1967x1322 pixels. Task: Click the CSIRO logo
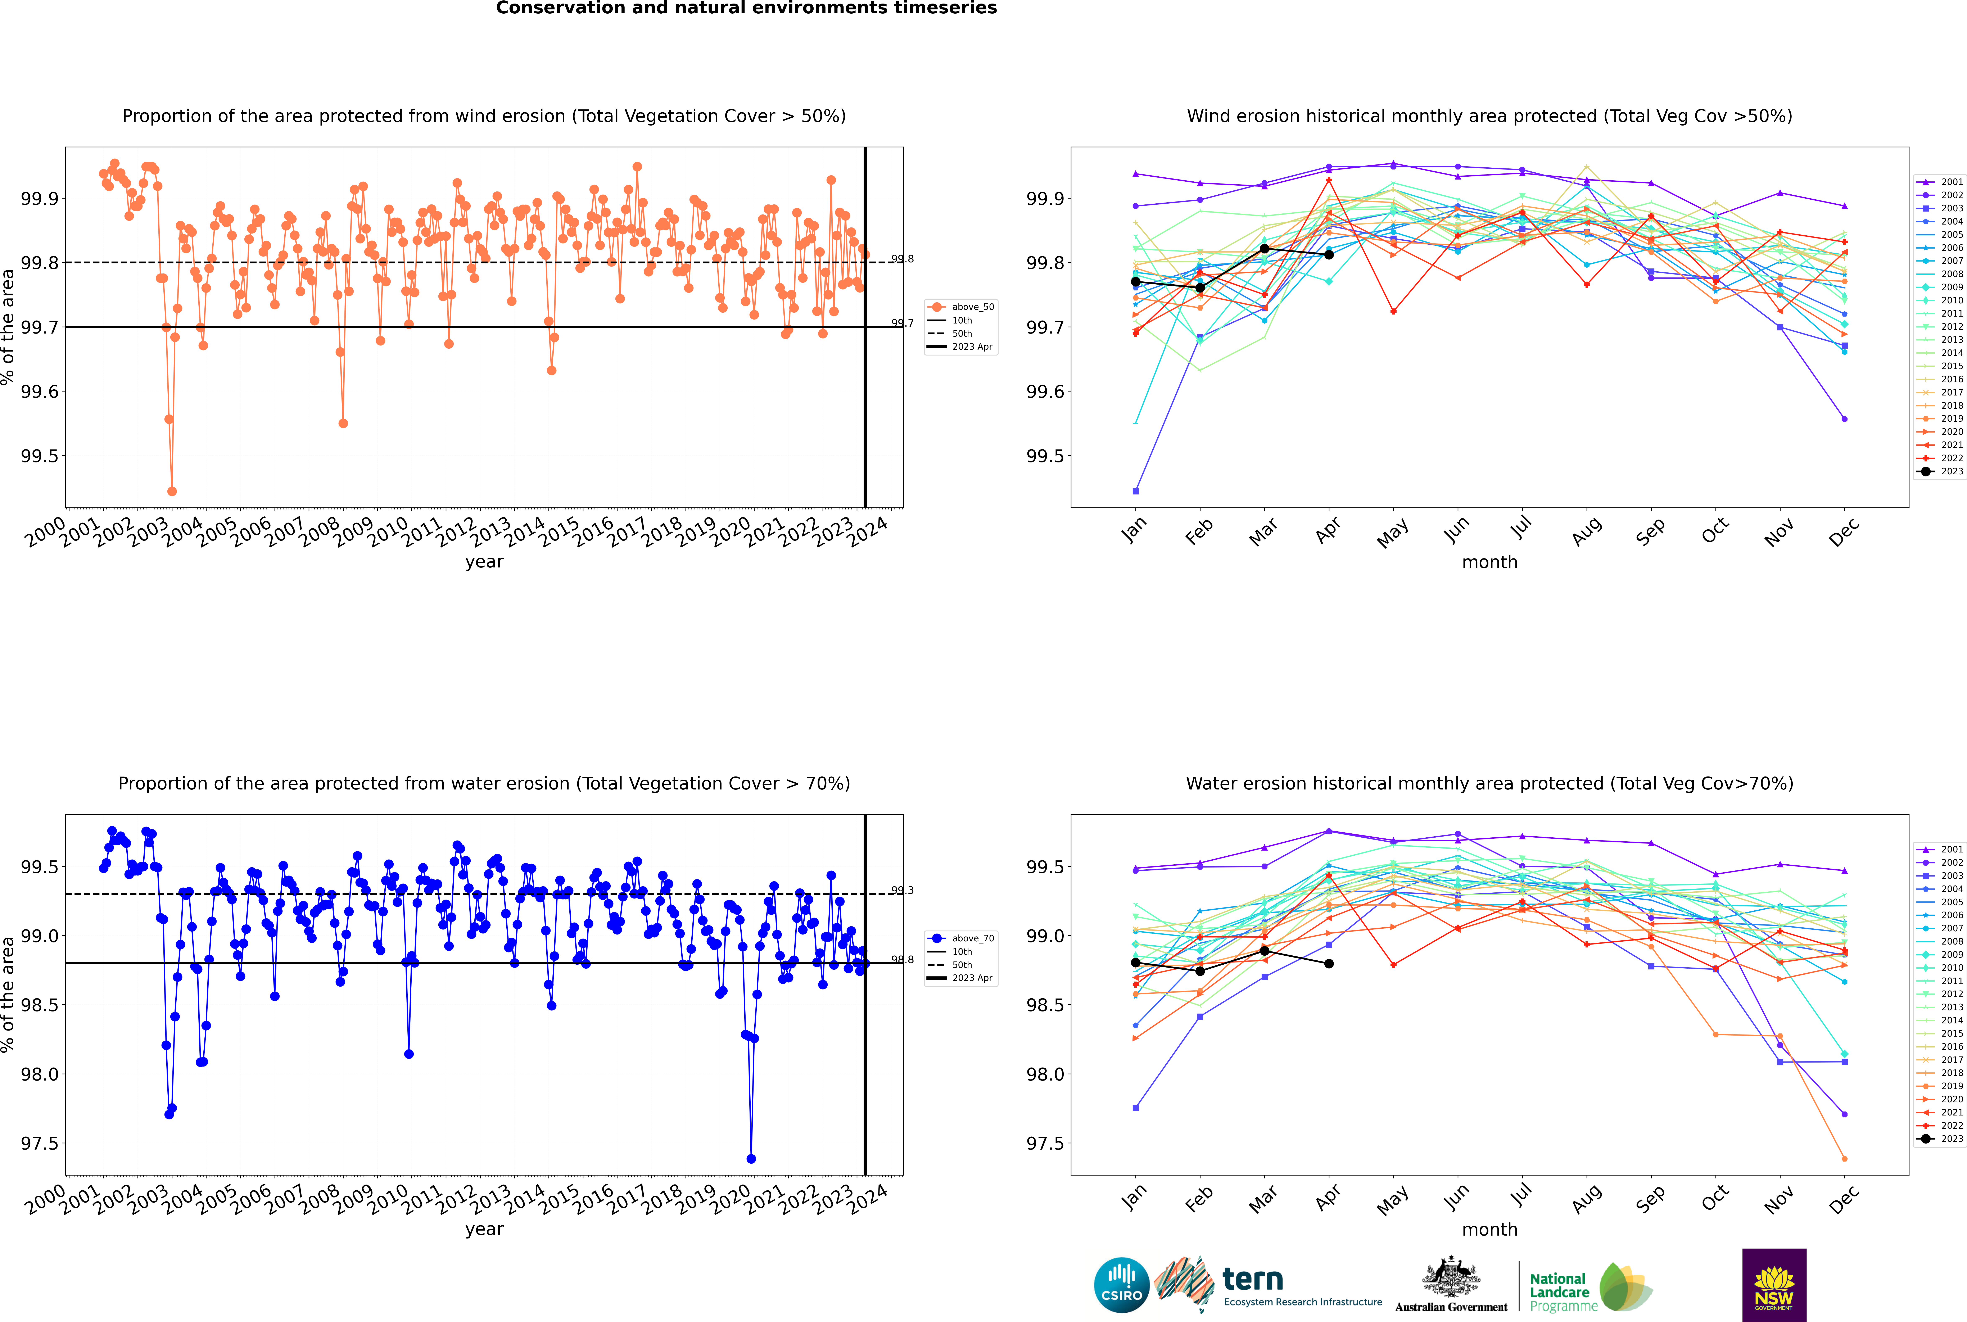click(x=1121, y=1285)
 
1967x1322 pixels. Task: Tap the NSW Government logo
click(x=1774, y=1285)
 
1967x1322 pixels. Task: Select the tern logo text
click(x=1253, y=1280)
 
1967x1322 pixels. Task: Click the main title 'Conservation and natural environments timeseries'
click(x=746, y=8)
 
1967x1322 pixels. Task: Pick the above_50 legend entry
click(x=972, y=307)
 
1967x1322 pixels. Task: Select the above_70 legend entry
click(x=972, y=938)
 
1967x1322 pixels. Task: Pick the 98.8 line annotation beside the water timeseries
click(x=902, y=959)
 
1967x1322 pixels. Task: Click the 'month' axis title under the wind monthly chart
click(x=1489, y=562)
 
